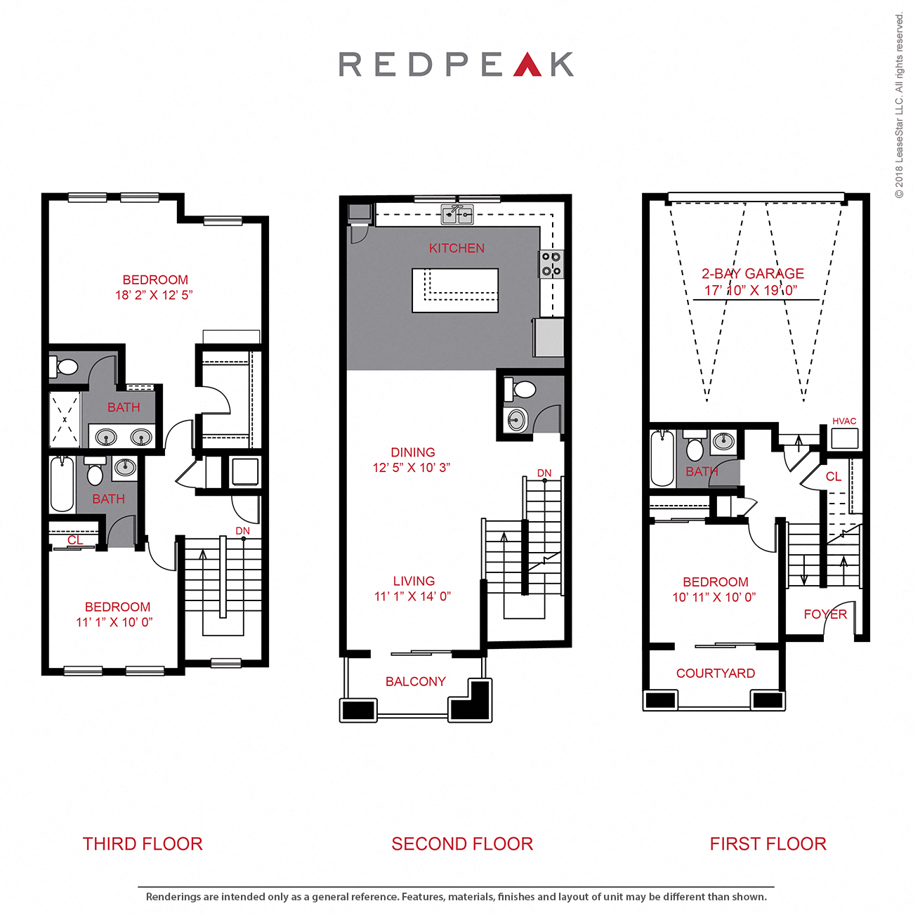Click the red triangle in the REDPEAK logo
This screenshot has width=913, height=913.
coord(527,65)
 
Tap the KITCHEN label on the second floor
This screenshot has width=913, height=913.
coord(456,249)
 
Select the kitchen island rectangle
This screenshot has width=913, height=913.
coord(455,290)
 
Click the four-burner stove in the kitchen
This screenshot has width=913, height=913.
coord(551,264)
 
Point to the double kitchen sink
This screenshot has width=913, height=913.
coord(457,214)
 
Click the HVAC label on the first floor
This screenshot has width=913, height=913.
coord(844,421)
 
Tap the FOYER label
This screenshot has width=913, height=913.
coord(825,615)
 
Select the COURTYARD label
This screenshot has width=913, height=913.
coord(715,674)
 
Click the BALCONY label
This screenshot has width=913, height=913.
coord(415,682)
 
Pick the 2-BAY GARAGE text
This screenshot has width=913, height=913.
coord(752,274)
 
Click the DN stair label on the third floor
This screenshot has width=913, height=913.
coord(242,531)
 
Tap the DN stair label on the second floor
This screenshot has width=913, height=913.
coord(544,473)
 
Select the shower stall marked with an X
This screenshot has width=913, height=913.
coord(65,420)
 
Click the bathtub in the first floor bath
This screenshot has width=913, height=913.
coord(662,459)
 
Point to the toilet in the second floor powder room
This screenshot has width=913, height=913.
coord(523,388)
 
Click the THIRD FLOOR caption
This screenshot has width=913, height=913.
coord(143,844)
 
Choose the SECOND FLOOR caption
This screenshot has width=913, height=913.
coord(462,844)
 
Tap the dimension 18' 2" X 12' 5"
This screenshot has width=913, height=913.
coord(154,296)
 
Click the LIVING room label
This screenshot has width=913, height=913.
coord(414,582)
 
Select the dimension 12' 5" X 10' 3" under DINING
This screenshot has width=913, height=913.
coord(412,468)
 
